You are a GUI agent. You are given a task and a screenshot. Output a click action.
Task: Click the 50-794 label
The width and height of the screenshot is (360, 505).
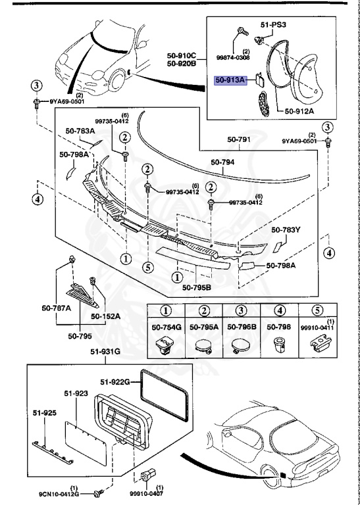click(224, 162)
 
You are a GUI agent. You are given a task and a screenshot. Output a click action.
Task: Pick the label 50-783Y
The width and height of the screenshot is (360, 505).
click(286, 230)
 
